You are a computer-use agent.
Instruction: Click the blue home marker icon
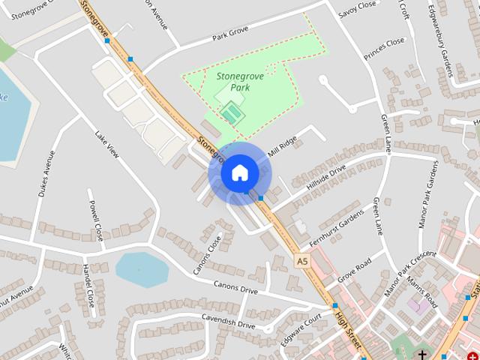tap(239, 172)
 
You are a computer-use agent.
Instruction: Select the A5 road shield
tap(301, 260)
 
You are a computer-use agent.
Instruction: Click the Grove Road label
tap(354, 271)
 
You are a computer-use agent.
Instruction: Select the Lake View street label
tap(107, 145)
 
